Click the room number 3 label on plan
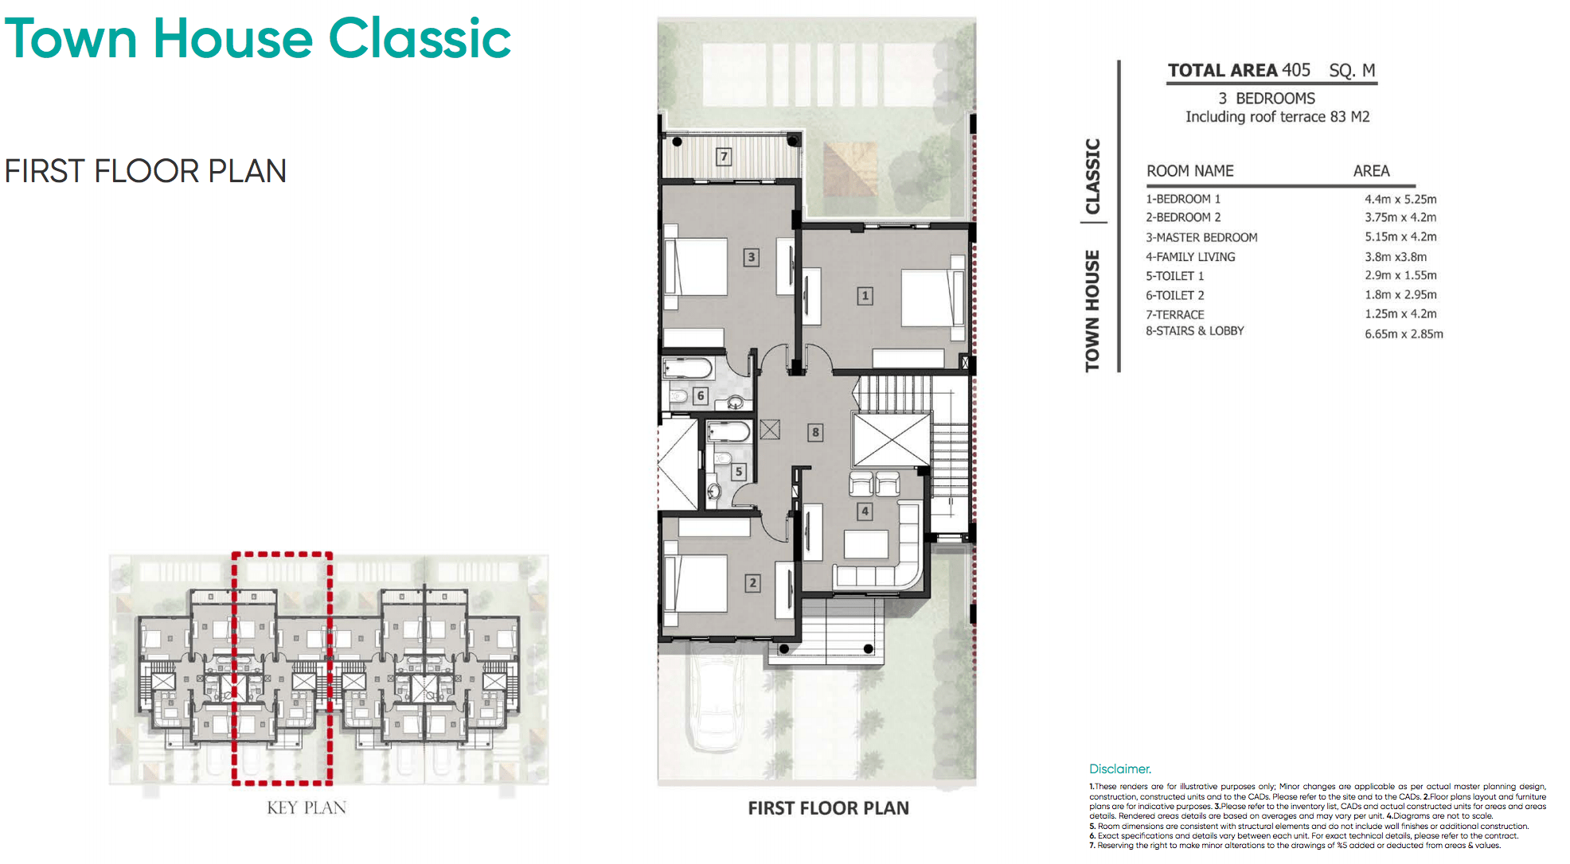(751, 257)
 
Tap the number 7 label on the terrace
(724, 156)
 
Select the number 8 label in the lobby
(815, 433)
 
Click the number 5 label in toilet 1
(739, 472)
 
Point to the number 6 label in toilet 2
(701, 395)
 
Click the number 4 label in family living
(865, 512)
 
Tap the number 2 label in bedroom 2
(752, 582)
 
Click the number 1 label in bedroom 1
(865, 296)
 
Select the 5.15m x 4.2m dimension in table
(1400, 237)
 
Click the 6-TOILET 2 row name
(1175, 295)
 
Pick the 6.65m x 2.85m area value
(1404, 334)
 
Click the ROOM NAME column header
(1189, 171)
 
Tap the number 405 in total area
(1295, 70)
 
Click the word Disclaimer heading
(1120, 769)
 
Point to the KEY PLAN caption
(307, 808)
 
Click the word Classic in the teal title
(420, 38)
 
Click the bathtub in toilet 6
(688, 369)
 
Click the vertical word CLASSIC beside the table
(1092, 176)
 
